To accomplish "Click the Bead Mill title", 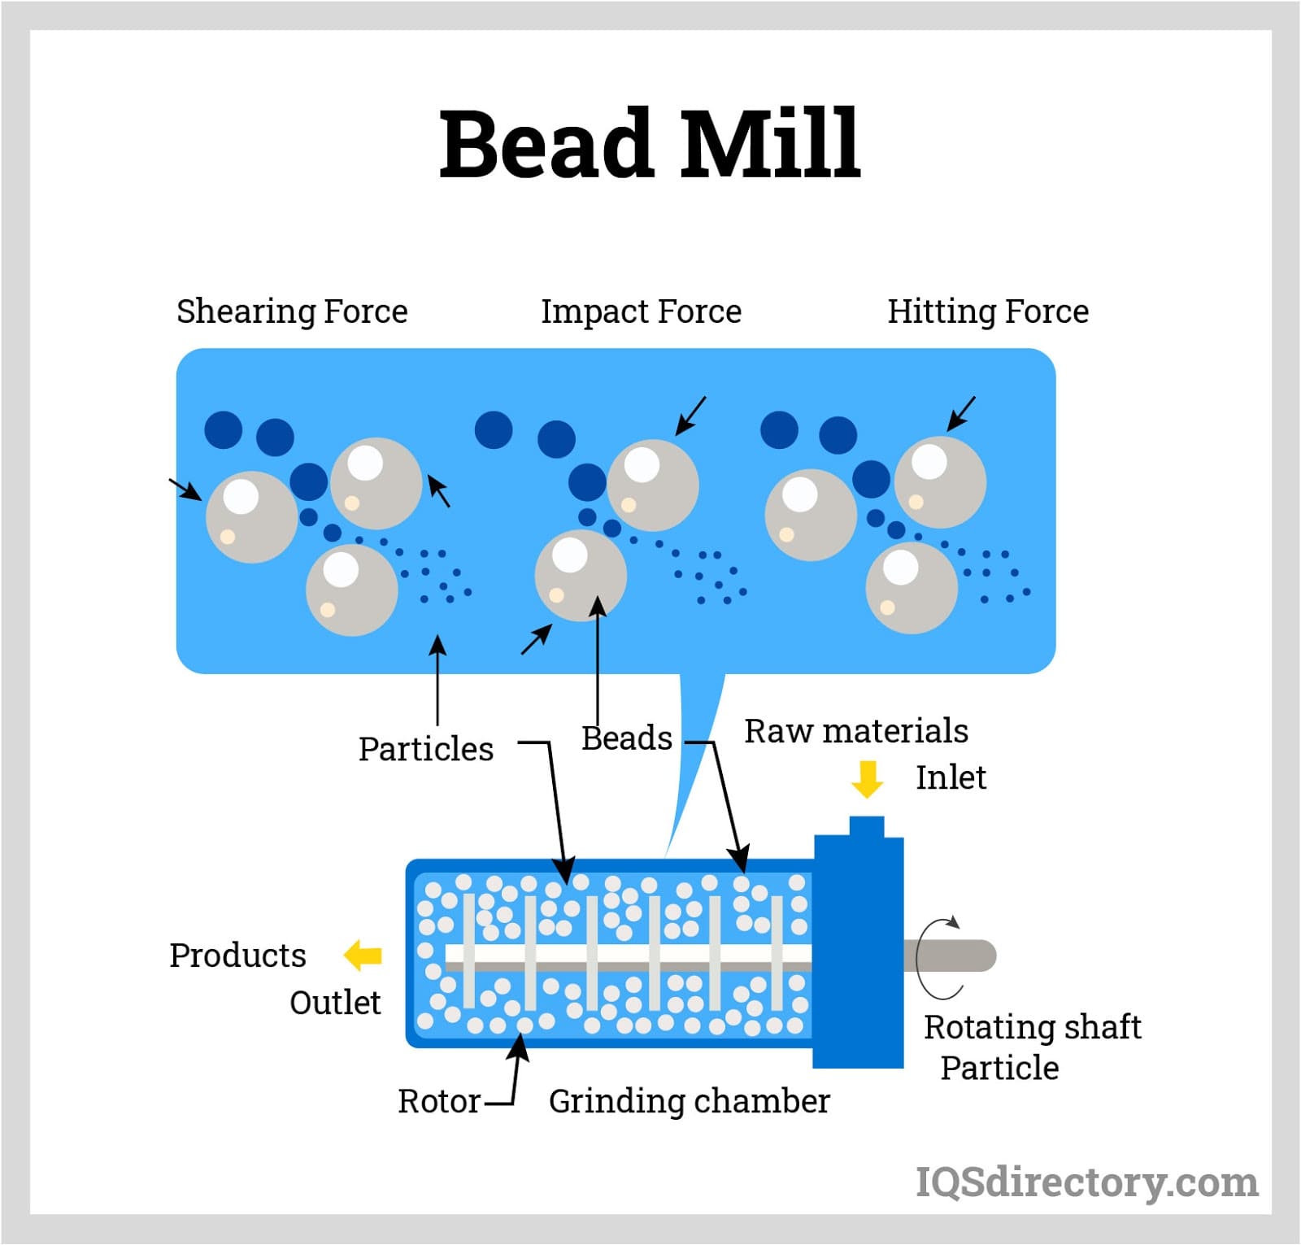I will coord(649,144).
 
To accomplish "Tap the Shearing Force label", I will coord(292,311).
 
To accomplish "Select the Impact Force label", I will coord(641,311).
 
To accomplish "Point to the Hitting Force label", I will coord(987,311).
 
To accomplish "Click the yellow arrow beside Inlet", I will coord(867,779).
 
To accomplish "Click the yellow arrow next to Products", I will coord(363,955).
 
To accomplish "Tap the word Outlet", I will coord(335,1003).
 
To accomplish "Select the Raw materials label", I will coord(855,731).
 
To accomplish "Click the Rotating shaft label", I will coord(1032,1027).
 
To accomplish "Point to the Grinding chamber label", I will coord(689,1101).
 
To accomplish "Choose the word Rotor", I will coord(439,1101).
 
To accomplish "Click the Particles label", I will coord(425,749).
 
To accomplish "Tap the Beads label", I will coord(626,738).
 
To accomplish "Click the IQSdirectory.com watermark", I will coord(1086,1182).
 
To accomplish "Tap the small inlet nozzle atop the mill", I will coord(866,827).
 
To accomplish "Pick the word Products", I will coord(237,956).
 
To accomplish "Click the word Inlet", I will coord(951,777).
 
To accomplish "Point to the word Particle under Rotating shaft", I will coord(999,1068).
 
